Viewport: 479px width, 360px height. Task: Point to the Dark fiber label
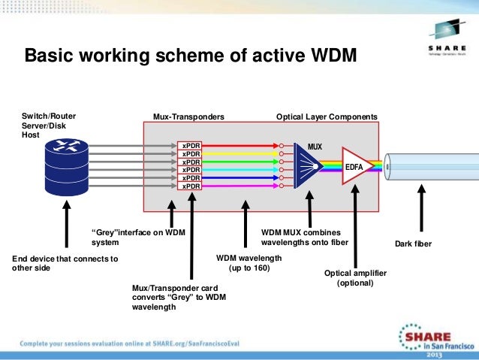coord(413,244)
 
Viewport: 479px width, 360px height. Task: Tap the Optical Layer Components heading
coord(327,117)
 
